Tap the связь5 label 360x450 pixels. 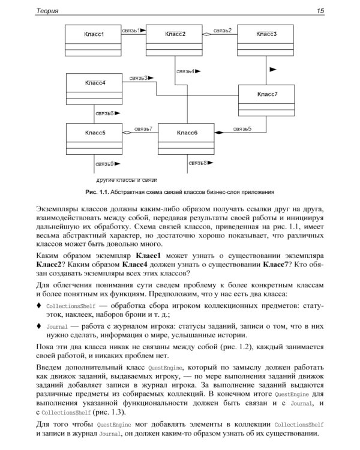click(242, 128)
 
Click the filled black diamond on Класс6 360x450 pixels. click(220, 131)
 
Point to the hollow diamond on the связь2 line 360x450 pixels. click(207, 34)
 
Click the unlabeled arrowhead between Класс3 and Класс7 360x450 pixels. click(273, 70)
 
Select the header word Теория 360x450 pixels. click(47, 10)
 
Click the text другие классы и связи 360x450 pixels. click(127, 180)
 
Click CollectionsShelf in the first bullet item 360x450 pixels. click(70, 305)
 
